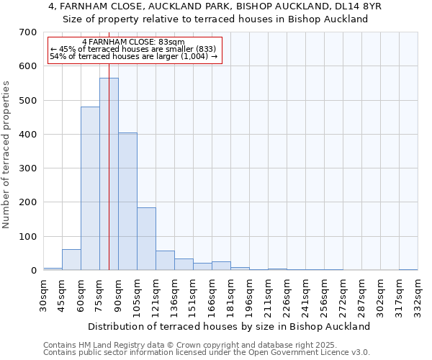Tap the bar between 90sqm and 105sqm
coord(127,202)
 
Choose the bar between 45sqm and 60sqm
coord(71,260)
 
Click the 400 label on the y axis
coord(27,135)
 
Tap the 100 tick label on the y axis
coord(27,237)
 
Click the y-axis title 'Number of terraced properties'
coord(6,154)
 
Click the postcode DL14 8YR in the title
coord(358,6)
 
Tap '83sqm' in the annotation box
coord(172,42)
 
